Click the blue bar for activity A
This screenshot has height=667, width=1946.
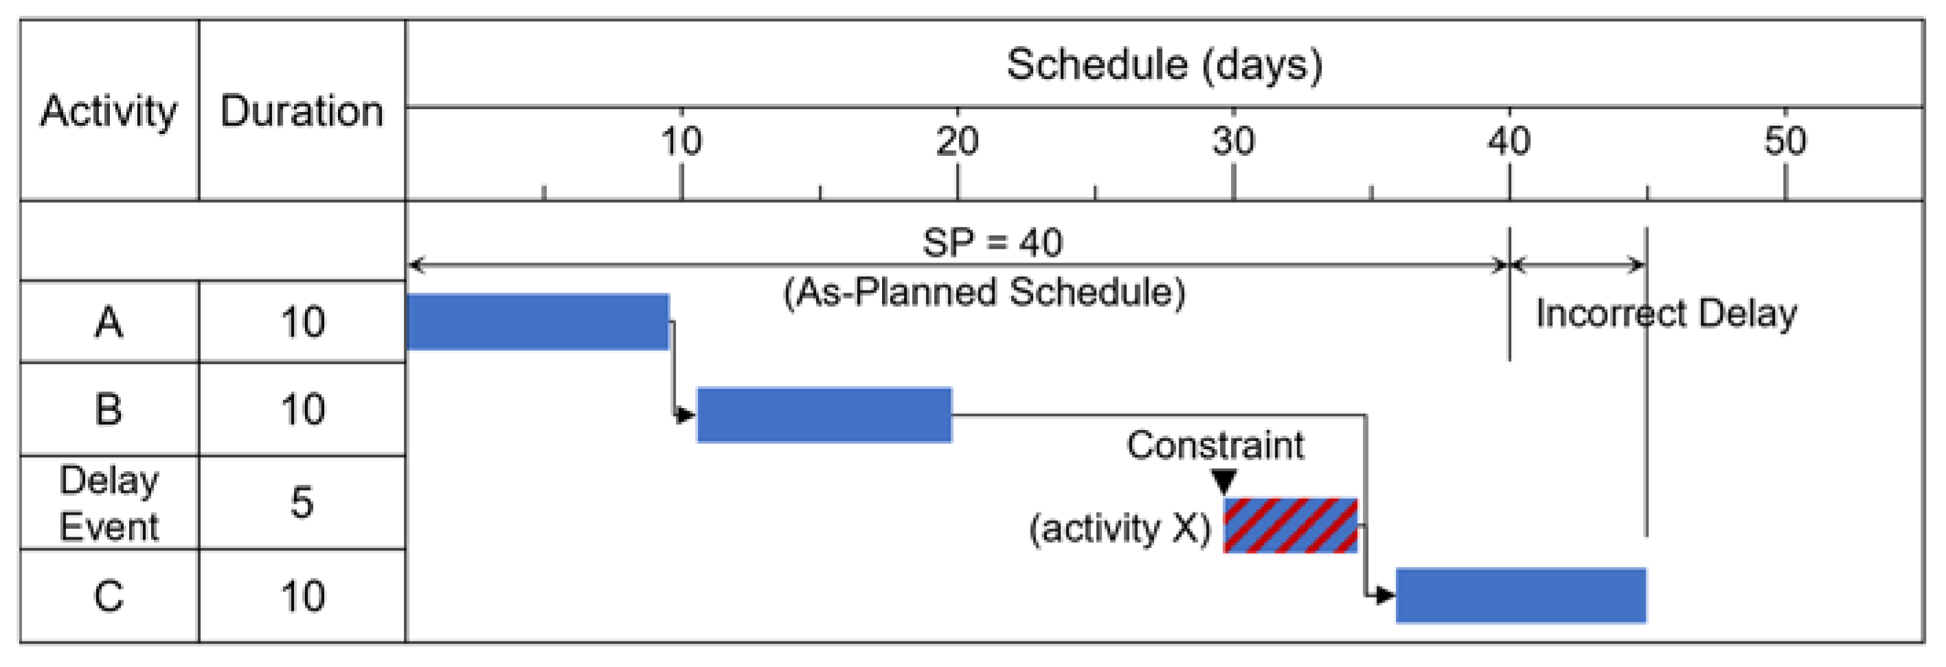click(x=538, y=321)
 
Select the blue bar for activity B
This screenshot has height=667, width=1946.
click(x=824, y=415)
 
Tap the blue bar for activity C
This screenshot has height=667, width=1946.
click(x=1521, y=596)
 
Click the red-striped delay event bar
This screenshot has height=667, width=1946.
click(x=1290, y=525)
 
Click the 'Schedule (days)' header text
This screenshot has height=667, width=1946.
click(x=1164, y=65)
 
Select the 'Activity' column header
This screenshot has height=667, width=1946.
click(x=109, y=112)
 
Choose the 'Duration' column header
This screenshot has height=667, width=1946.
click(x=302, y=112)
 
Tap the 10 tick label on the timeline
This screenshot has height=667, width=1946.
click(x=681, y=142)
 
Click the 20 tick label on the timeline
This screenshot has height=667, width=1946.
click(x=957, y=142)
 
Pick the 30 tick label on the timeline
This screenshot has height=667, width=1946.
click(x=1233, y=142)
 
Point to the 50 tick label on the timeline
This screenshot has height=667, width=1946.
click(x=1785, y=142)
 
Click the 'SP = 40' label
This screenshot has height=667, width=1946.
click(x=992, y=243)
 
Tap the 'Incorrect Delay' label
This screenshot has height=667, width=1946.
click(x=1666, y=313)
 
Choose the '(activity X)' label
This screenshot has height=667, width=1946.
click(x=1120, y=528)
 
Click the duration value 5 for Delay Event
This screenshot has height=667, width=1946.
click(x=302, y=502)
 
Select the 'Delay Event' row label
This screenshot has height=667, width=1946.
click(x=109, y=503)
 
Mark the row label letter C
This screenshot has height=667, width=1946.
click(x=109, y=596)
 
